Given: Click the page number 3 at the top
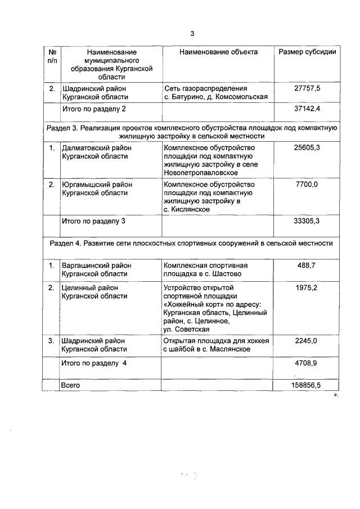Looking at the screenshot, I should coord(192,33).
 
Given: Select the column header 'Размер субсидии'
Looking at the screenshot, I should coord(308,52).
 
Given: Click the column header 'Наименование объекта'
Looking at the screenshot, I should coord(218,52).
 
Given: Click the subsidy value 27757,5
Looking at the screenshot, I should coord(307,89).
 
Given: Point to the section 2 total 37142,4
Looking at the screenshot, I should coord(307,108).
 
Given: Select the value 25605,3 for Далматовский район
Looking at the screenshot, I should coord(307,148).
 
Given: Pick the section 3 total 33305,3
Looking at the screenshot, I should coord(307,221).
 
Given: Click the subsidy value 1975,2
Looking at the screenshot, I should coord(307,287).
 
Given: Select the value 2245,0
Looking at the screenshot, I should coord(307,341).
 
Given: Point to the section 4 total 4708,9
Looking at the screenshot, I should coord(307,364).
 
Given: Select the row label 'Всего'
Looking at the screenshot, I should coord(71,386).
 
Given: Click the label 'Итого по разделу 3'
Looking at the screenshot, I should coord(93,221).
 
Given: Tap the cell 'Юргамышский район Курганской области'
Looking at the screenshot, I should coord(94,188).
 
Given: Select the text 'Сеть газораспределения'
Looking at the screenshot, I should coord(205,89).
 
